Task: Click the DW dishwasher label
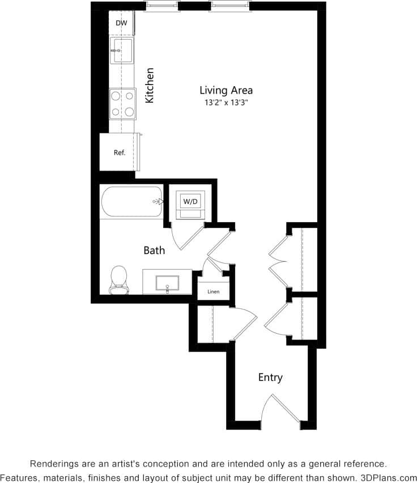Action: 121,23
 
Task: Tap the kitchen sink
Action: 122,50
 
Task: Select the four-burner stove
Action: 122,103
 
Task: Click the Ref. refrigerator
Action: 119,152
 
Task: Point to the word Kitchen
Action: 150,86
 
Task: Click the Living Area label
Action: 225,90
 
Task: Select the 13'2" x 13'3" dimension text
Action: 225,103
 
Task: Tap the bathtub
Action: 131,201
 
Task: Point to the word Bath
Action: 154,250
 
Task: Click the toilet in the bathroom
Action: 118,280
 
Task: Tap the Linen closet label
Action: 213,292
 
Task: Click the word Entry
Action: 270,378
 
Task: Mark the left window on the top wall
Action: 163,7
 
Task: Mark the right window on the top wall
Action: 229,7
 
